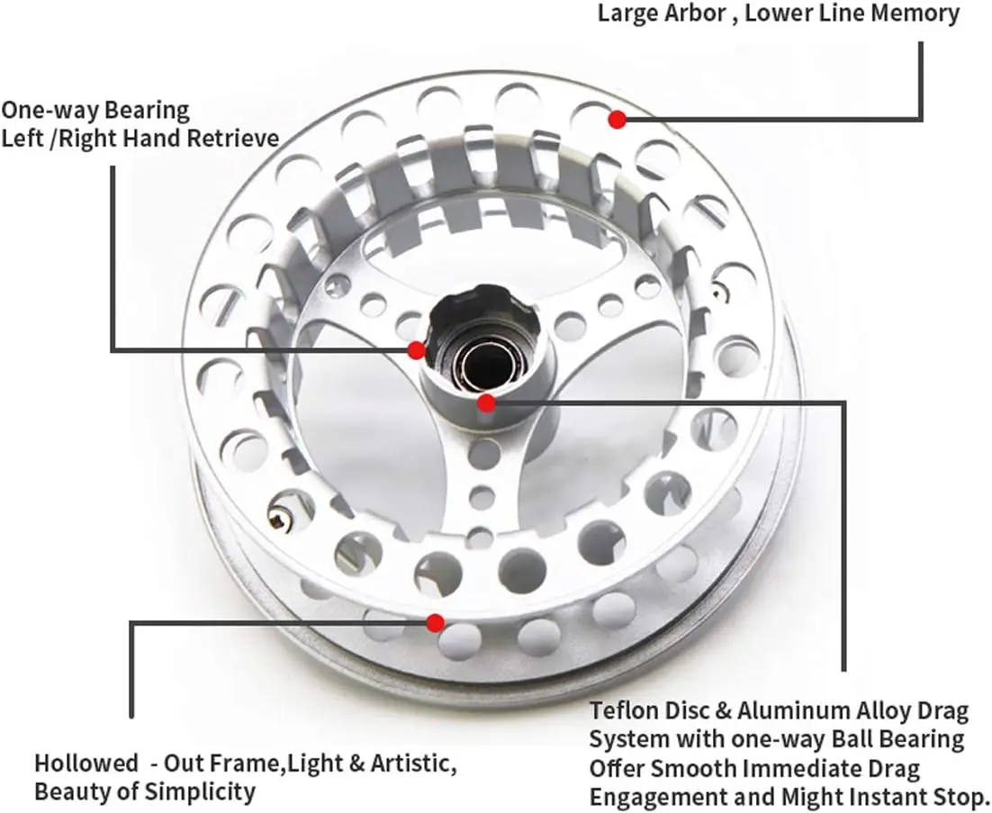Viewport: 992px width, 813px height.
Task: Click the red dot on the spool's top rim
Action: click(618, 119)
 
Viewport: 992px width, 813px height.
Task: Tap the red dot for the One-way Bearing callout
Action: click(416, 350)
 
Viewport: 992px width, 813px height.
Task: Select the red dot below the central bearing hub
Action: click(486, 402)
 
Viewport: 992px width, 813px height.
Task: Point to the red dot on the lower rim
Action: click(435, 623)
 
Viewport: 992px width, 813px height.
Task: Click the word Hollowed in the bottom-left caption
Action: click(86, 763)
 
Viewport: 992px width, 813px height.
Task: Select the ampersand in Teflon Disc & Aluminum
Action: click(723, 711)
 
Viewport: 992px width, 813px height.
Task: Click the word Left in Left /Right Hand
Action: click(23, 137)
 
